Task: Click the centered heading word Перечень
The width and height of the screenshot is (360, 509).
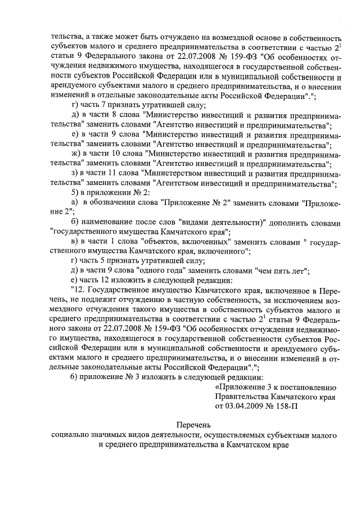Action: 191,426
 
